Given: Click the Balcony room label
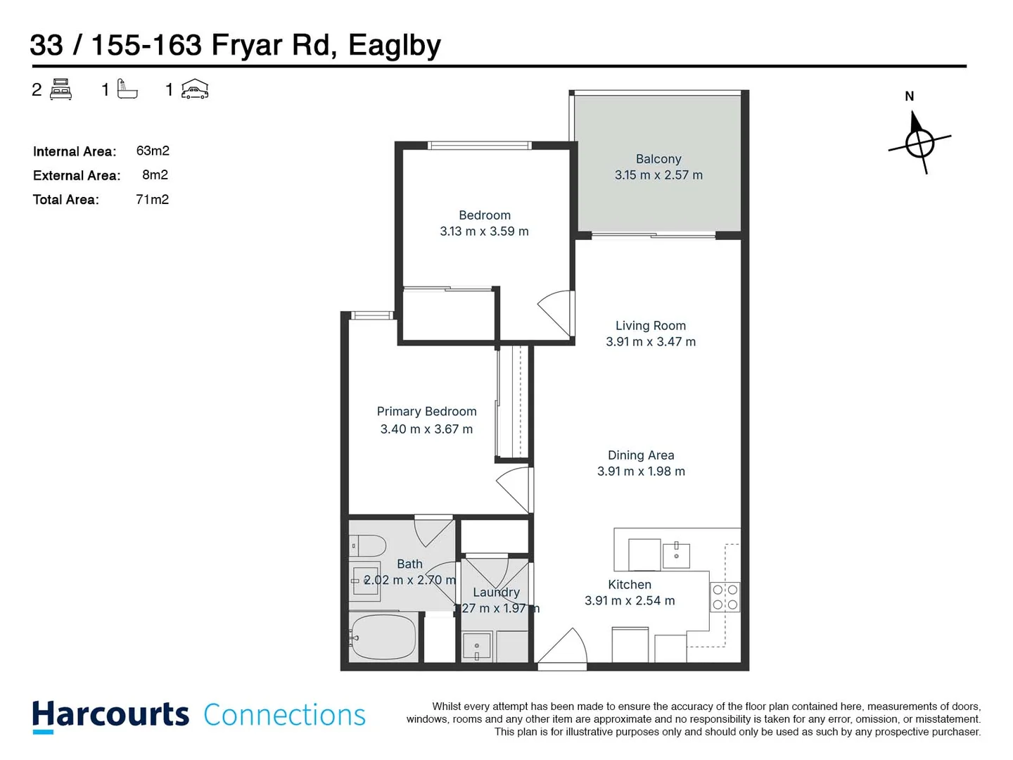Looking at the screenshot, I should coord(658,159).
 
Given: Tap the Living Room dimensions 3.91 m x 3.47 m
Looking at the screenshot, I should coord(651,342).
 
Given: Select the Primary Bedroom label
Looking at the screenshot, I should coord(426,412).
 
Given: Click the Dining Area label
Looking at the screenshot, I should coord(641,455).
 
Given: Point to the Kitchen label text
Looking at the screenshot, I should coord(630,585).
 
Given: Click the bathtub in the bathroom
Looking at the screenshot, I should coord(383,638).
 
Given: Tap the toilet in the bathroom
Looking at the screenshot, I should coord(368,545).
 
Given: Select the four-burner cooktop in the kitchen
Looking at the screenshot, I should coord(725,597).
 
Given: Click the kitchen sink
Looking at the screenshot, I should coord(676,555).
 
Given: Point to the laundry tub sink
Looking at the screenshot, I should coord(477,647).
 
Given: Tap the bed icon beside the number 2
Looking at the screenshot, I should coord(61,89).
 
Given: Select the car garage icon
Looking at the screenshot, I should coord(195,89).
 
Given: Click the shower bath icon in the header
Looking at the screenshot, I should coord(127,89).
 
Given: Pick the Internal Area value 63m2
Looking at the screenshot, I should coord(153,151).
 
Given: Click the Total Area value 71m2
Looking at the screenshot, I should coord(152,200).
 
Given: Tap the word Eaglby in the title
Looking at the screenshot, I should coord(394,45).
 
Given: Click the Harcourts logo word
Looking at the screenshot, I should coord(110,715).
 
